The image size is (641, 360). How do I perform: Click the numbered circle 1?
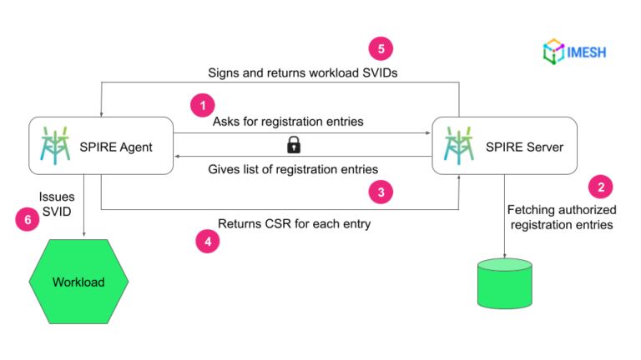tap(202, 106)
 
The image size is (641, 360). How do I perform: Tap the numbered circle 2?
tap(600, 186)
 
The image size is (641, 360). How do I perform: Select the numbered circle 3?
tap(381, 192)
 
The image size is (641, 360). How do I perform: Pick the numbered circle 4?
tap(207, 242)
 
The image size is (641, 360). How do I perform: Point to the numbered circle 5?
tap(381, 48)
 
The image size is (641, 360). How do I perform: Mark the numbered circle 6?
tap(28, 219)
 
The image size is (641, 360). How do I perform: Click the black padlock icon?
tap(293, 146)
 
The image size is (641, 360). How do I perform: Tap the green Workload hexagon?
tap(78, 282)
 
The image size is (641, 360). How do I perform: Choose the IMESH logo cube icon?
tap(553, 52)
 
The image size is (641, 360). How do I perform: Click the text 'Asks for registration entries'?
tap(288, 122)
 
